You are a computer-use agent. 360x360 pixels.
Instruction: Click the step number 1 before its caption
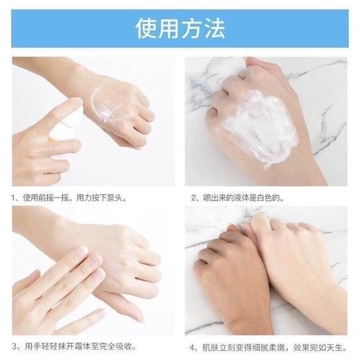coord(15,197)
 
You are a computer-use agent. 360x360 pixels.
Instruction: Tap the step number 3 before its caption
coord(15,345)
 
